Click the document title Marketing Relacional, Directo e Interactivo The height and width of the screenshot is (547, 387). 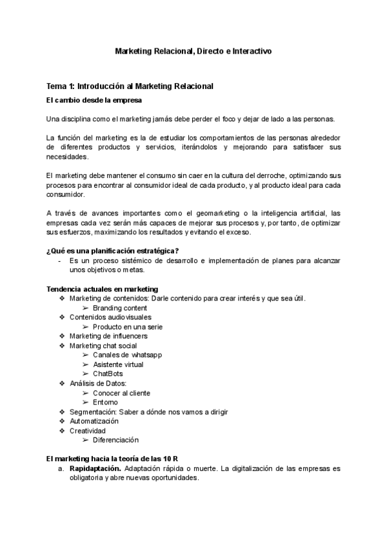[x=193, y=51]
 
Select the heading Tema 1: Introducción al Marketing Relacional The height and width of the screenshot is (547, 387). [x=130, y=86]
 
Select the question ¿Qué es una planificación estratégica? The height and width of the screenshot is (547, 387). [x=113, y=250]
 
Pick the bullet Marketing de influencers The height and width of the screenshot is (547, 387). [x=108, y=336]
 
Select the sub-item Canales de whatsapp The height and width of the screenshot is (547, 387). [x=126, y=355]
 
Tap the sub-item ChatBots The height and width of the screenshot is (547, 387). [x=108, y=373]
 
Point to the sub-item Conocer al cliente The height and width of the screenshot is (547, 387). [x=121, y=393]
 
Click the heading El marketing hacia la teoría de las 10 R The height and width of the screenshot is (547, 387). [x=112, y=458]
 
